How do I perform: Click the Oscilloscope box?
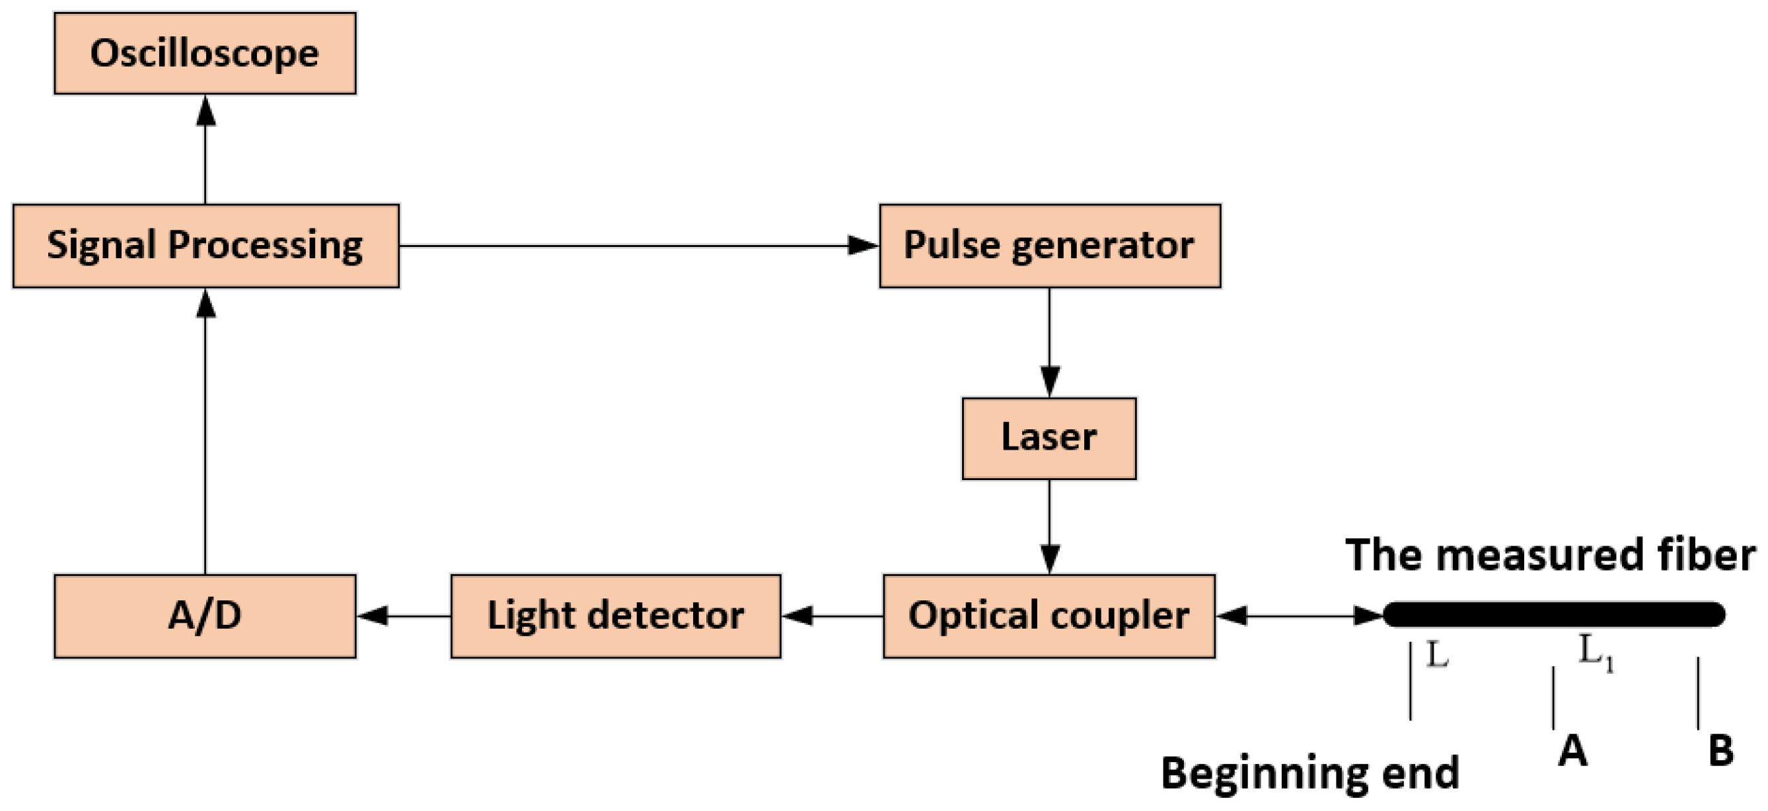[x=205, y=53]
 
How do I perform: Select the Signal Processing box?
[x=205, y=245]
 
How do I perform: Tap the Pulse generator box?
[x=1049, y=245]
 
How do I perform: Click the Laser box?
[x=1049, y=438]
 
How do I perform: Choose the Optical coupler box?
[x=1049, y=616]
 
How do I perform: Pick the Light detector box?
[x=616, y=616]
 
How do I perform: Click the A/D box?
[x=205, y=616]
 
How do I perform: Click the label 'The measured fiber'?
[x=1550, y=554]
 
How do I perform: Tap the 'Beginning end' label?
[x=1309, y=773]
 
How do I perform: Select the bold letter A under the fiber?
[x=1572, y=751]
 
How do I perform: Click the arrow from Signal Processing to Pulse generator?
[x=638, y=245]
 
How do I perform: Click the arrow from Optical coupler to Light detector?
[x=832, y=616]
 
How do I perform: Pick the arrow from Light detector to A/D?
[x=404, y=616]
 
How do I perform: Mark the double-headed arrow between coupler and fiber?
[x=1298, y=616]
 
